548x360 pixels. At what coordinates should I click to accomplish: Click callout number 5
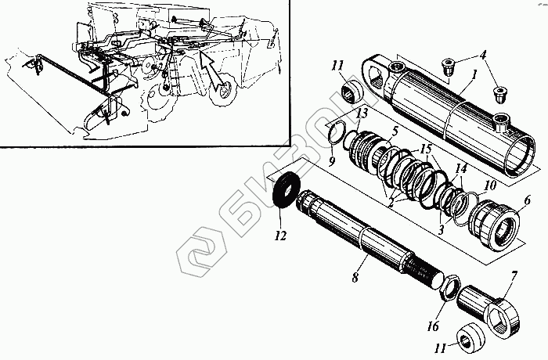pyautogui.click(x=395, y=131)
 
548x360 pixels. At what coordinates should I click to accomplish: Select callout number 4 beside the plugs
pyautogui.click(x=484, y=56)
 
